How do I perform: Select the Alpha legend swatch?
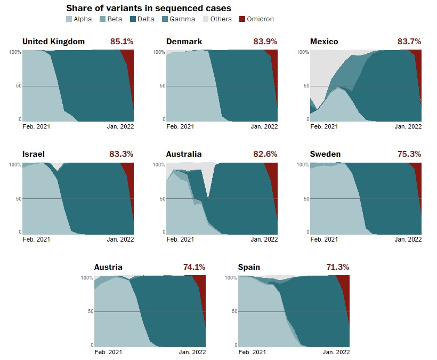69,19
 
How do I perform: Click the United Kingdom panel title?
53,42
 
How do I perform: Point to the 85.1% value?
122,42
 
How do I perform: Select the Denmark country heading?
184,42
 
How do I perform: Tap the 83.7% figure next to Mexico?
409,42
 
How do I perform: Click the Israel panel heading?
34,154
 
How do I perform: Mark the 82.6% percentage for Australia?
265,154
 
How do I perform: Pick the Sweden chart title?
325,154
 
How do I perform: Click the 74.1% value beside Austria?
193,267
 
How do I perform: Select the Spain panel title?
249,267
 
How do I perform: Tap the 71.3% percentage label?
337,267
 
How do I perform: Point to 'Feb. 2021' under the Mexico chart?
324,126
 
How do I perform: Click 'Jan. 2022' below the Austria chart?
192,353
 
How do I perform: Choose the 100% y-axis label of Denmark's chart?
159,52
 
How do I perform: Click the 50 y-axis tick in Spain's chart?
233,311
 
